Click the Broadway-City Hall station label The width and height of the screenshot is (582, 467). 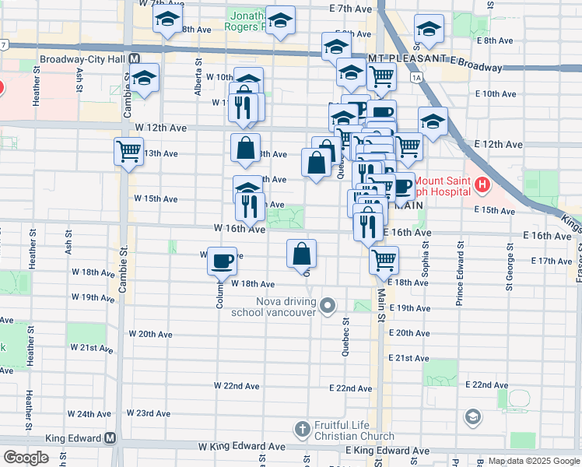point(79,58)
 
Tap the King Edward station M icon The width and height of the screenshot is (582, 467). point(110,438)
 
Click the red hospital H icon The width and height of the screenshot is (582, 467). point(482,186)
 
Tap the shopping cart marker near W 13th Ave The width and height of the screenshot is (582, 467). point(128,150)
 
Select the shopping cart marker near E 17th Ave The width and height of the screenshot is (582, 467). point(384,259)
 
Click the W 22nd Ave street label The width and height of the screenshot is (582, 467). point(237,386)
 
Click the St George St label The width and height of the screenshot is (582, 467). point(510,267)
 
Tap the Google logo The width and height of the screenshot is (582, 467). point(26,458)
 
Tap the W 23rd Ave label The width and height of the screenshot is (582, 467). point(148,413)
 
